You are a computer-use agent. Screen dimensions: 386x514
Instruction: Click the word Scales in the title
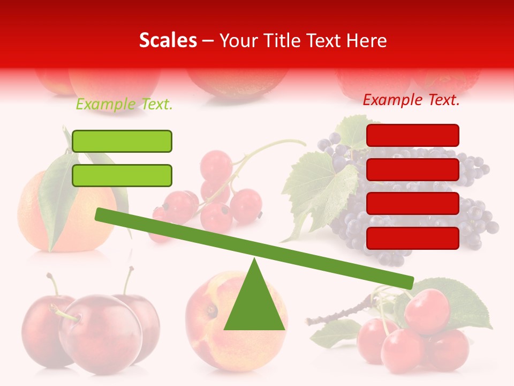[168, 41]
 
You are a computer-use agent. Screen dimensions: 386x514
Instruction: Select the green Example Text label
[124, 105]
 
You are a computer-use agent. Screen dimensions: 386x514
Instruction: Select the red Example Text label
[411, 100]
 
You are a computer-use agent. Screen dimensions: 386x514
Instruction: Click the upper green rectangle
[122, 141]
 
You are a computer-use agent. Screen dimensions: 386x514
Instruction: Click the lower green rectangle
[122, 175]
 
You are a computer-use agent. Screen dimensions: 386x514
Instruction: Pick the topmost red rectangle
[413, 135]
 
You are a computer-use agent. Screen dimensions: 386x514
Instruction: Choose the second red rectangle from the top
[413, 169]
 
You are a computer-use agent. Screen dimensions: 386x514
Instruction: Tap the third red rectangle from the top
[413, 204]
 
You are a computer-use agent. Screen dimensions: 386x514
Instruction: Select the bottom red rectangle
[413, 238]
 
